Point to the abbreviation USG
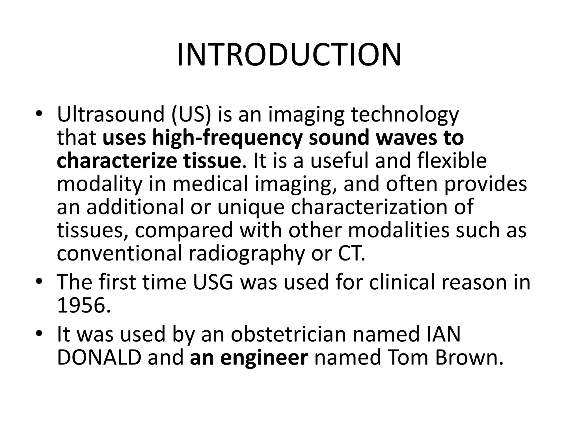[213, 283]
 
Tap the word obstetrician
[288, 334]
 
